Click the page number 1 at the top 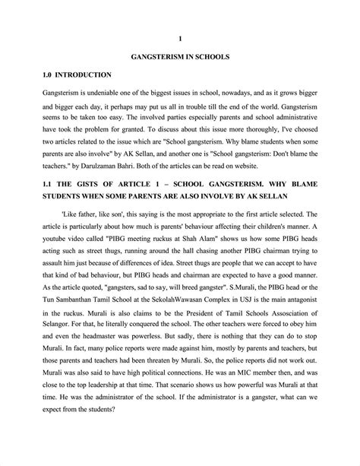180,37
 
